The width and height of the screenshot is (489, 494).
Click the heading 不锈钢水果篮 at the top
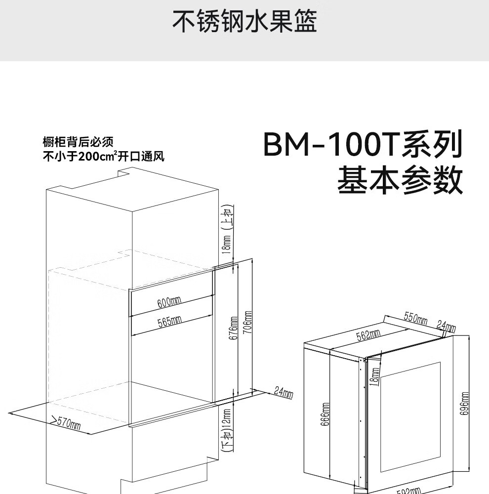point(244,21)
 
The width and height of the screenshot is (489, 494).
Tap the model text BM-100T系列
point(363,145)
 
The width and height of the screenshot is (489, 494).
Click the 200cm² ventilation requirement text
point(103,157)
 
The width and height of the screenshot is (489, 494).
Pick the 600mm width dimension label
point(169,301)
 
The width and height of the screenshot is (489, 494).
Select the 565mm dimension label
point(169,321)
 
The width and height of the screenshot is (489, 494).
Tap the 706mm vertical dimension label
point(248,323)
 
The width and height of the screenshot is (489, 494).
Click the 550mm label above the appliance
point(415,318)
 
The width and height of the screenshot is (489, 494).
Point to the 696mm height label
point(464,404)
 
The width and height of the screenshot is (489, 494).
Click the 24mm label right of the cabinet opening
point(284,393)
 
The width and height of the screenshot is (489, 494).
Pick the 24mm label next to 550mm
point(446,326)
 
